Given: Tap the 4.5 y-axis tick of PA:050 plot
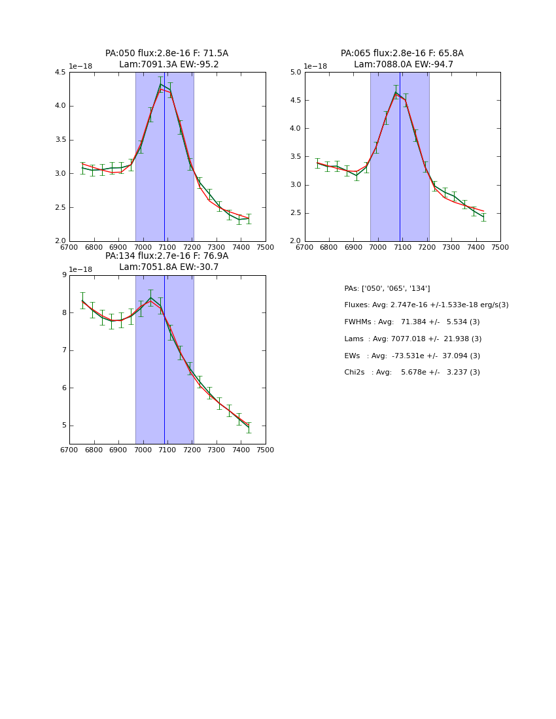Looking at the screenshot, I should point(60,72).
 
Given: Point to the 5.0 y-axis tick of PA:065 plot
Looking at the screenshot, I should point(294,72).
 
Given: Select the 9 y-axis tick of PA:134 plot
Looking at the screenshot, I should point(63,275).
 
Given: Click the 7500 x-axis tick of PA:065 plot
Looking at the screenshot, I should point(500,248).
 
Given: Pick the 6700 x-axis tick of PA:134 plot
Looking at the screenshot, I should point(69,450).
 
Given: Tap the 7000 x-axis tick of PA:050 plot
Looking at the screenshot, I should point(143,248).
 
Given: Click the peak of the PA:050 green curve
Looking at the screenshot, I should point(160,84).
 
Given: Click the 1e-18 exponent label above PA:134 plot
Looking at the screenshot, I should point(80,269).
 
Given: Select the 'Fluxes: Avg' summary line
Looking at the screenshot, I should point(426,305).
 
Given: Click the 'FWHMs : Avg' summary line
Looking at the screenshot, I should point(411,322).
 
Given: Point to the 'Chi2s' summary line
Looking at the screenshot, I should point(411,373).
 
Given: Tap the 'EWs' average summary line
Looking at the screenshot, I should point(411,356).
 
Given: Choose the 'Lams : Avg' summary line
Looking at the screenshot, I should point(413,339).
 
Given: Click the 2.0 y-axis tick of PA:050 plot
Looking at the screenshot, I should point(60,241).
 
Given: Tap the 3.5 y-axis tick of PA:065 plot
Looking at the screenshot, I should point(294,157).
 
